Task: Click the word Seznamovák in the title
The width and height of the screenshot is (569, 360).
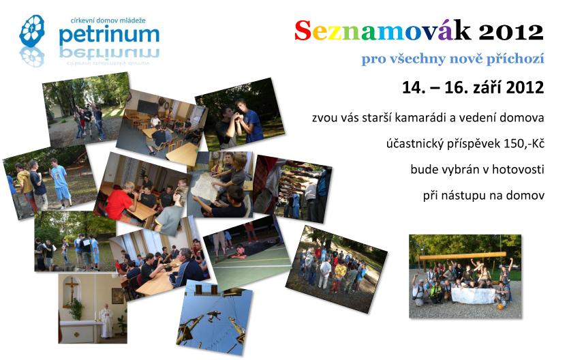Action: [382, 31]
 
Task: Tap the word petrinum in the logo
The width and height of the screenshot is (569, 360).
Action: [109, 35]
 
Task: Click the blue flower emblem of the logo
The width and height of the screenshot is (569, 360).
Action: [32, 31]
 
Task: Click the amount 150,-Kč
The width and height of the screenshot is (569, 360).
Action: [523, 144]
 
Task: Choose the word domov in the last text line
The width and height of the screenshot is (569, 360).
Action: [525, 196]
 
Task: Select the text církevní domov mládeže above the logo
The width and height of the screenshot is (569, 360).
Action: [108, 20]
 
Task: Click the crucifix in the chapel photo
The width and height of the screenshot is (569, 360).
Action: [72, 290]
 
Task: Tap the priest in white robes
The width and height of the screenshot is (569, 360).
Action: [107, 320]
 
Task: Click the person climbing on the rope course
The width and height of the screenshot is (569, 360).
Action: [214, 316]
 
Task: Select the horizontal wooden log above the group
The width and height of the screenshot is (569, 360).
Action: [462, 256]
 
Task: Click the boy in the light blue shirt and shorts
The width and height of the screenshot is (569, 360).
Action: [60, 183]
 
